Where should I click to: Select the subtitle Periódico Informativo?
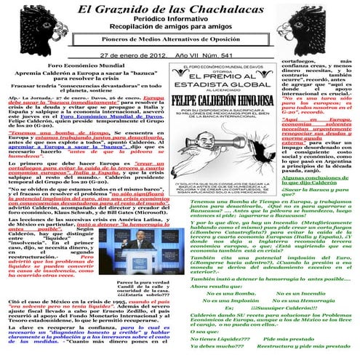click(x=179, y=25)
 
